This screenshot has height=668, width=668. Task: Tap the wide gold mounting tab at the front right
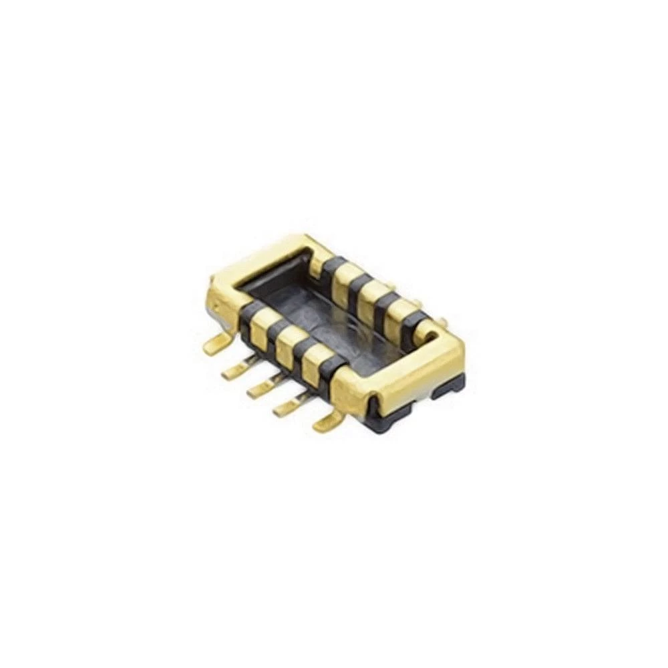(330, 421)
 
